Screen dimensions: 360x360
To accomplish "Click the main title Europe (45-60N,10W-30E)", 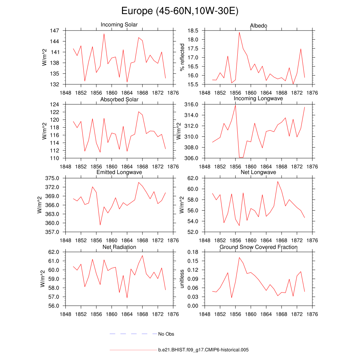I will pyautogui.click(x=180, y=11).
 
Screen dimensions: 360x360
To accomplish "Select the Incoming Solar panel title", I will pyautogui.click(x=119, y=25).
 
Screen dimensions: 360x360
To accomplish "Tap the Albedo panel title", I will pyautogui.click(x=258, y=26).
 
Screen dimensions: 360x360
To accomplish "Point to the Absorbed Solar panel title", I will pyautogui.click(x=119, y=99).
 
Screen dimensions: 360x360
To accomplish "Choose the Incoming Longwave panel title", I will pyautogui.click(x=258, y=98).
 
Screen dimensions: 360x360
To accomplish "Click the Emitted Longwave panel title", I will pyautogui.click(x=119, y=172).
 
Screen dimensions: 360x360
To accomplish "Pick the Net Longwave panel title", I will pyautogui.click(x=258, y=172).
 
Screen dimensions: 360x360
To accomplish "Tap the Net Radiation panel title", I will pyautogui.click(x=119, y=247).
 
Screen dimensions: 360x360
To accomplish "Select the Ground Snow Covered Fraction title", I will pyautogui.click(x=258, y=247).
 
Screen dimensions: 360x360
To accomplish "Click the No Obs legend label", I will pyautogui.click(x=166, y=334).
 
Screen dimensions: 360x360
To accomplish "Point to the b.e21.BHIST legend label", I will pyautogui.click(x=204, y=350).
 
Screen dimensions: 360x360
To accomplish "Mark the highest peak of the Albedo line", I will pyautogui.click(x=239, y=32).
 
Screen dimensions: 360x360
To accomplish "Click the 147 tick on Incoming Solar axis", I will pyautogui.click(x=54, y=31).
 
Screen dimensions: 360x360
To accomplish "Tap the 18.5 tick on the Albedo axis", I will pyautogui.click(x=194, y=31).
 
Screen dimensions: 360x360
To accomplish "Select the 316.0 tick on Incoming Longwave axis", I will pyautogui.click(x=193, y=104).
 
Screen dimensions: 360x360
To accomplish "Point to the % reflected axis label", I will pyautogui.click(x=182, y=57).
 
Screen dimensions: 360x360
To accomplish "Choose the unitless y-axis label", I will pyautogui.click(x=182, y=279).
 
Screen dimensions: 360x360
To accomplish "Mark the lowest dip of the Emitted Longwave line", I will pyautogui.click(x=100, y=225).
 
